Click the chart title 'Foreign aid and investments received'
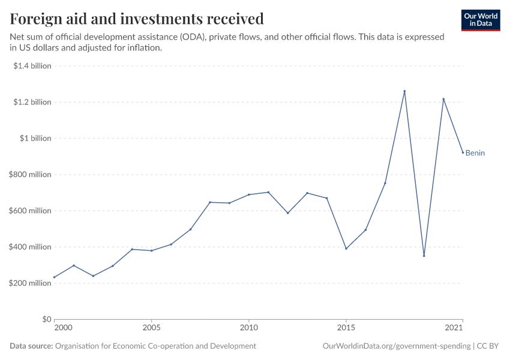137,19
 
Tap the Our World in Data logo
481,20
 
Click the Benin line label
475,153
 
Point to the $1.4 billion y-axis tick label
32,66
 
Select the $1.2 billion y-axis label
32,102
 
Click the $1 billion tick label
36,138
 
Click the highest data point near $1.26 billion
404,91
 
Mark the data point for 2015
346,248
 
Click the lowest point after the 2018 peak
424,256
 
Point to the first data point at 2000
55,277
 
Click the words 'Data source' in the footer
31,346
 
